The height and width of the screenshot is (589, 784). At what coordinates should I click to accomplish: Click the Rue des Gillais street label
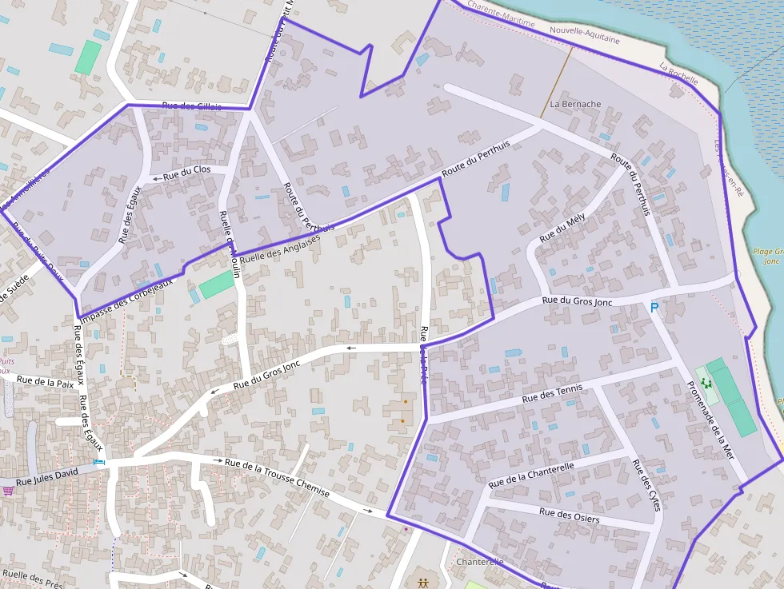pyautogui.click(x=192, y=106)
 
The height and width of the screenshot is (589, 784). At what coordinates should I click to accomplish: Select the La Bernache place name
pyautogui.click(x=575, y=105)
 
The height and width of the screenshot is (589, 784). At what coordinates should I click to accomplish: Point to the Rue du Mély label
pyautogui.click(x=562, y=229)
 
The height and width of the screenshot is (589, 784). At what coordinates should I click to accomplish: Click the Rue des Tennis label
pyautogui.click(x=552, y=393)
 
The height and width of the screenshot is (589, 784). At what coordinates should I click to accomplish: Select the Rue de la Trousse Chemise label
pyautogui.click(x=277, y=477)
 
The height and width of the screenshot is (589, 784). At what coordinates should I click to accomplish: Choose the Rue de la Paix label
pyautogui.click(x=50, y=382)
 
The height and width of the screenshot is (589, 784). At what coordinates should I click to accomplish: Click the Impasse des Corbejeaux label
pyautogui.click(x=127, y=296)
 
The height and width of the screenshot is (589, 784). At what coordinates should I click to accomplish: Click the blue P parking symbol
pyautogui.click(x=654, y=308)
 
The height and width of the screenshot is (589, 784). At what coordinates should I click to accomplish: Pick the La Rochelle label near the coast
pyautogui.click(x=678, y=74)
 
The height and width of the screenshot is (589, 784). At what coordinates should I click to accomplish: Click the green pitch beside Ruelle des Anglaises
pyautogui.click(x=217, y=285)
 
